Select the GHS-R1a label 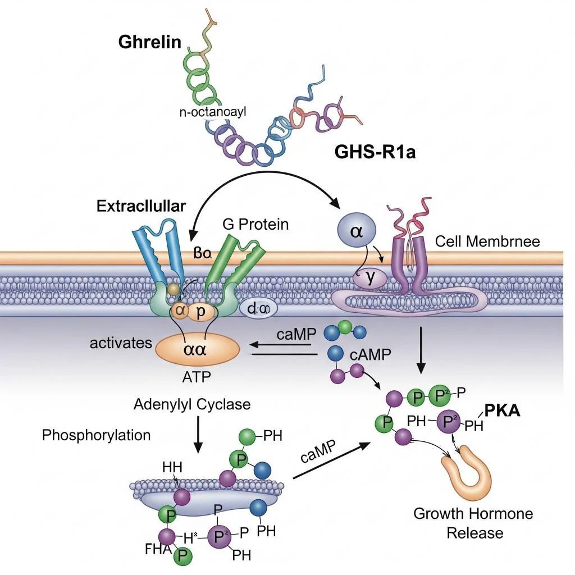[x=375, y=152]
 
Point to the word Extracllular [x=141, y=206]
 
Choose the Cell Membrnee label [x=487, y=241]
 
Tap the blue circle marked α [x=356, y=232]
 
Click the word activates [x=121, y=343]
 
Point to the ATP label [x=197, y=377]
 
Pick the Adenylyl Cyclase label [x=192, y=404]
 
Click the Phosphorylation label [x=97, y=435]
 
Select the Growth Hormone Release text [x=473, y=523]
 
